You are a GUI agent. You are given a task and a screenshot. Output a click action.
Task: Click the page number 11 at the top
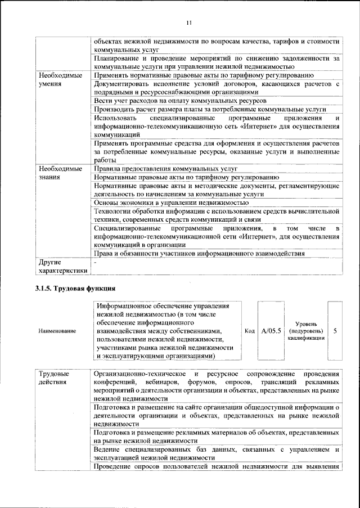tap(189, 22)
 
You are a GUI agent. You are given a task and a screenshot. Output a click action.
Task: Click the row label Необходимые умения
tap(57, 79)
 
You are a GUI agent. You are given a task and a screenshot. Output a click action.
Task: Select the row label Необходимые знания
tap(57, 173)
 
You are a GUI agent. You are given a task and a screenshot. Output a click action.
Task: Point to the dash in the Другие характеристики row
tap(96, 262)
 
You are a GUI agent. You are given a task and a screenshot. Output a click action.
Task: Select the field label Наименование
tap(57, 331)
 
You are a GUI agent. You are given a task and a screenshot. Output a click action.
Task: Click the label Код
tap(250, 331)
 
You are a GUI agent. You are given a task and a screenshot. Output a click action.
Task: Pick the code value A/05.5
tap(271, 331)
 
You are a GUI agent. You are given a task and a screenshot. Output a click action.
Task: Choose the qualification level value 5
tap(335, 331)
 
